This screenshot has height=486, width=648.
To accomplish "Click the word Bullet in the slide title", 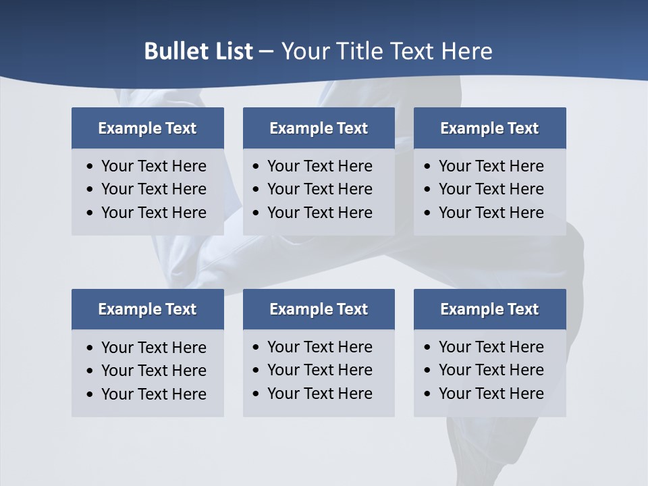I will tap(171, 51).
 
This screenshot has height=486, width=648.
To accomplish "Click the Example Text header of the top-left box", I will tap(147, 128).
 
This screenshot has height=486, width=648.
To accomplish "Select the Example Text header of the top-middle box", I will tap(319, 128).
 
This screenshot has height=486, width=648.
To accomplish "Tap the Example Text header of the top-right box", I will tap(489, 128).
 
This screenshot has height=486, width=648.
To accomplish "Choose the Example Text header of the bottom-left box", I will tap(147, 309).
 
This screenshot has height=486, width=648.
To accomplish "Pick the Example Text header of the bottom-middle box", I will tap(319, 309).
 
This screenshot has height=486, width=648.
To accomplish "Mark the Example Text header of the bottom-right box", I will tap(489, 309).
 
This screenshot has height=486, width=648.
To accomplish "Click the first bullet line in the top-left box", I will tap(153, 166).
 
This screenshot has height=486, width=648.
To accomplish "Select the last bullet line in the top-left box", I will tap(153, 213).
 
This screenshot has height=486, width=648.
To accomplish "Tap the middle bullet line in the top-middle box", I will tap(319, 189).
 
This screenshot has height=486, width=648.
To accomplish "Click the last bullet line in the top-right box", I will tap(491, 213).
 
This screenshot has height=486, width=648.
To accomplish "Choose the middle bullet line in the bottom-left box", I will tap(153, 371).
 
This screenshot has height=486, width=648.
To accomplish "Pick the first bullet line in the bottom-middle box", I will tap(319, 347).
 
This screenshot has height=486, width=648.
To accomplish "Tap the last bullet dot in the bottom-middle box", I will tap(256, 394).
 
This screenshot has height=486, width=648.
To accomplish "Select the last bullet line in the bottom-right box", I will tap(491, 394).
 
